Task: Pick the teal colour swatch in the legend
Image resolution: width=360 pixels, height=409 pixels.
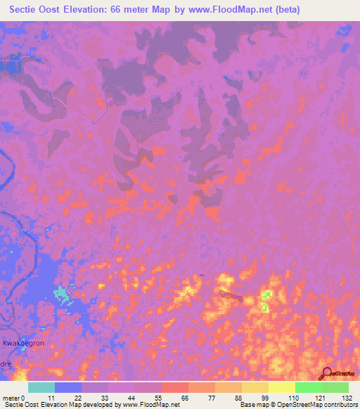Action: (x=41, y=387)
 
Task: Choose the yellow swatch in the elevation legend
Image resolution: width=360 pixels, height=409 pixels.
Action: (x=281, y=387)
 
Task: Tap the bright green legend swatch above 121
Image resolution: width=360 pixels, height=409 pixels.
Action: (x=308, y=387)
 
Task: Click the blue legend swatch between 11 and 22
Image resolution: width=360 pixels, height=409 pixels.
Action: (x=68, y=387)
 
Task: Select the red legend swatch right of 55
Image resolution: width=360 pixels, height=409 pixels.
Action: (x=175, y=387)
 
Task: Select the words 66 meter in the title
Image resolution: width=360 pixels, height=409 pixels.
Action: (x=134, y=10)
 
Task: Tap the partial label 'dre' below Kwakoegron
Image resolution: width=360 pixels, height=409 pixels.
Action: (x=6, y=356)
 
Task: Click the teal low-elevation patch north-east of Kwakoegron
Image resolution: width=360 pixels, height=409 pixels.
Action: (x=63, y=294)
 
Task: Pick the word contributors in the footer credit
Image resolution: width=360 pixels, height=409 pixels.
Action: (x=339, y=405)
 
